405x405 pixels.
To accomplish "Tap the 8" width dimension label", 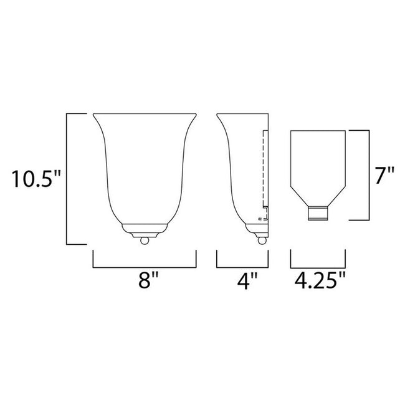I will coord(145,282).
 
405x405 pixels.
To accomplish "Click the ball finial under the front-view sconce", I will coord(145,239).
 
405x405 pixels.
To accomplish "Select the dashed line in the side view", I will coord(265,168).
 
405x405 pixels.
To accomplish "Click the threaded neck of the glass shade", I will coord(319,214).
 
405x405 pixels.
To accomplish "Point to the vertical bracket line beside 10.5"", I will coord(67,179).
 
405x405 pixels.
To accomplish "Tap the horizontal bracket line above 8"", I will coord(145,267).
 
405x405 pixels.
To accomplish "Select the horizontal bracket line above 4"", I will coord(242,267).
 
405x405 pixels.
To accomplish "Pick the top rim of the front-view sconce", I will coord(145,115).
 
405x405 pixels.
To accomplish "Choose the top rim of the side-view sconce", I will coord(242,115).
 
